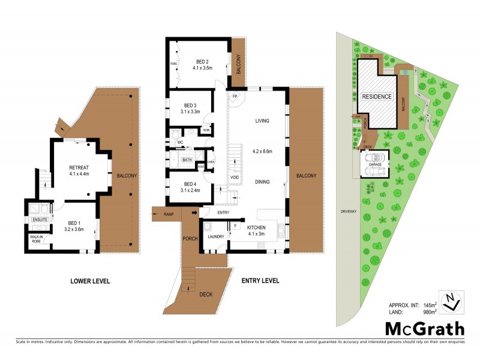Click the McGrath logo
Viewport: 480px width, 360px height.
click(x=424, y=328)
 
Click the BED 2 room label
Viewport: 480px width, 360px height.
click(x=202, y=62)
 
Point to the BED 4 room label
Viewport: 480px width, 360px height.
click(x=190, y=184)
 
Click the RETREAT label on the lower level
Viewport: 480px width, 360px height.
click(x=79, y=167)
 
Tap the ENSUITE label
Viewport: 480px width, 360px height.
click(x=40, y=220)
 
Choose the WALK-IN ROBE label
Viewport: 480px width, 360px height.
click(x=37, y=239)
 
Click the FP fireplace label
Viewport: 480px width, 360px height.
click(x=235, y=95)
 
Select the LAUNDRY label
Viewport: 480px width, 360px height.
click(x=215, y=236)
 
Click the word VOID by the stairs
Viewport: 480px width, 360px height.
click(x=235, y=178)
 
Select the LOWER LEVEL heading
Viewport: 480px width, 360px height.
click(x=91, y=281)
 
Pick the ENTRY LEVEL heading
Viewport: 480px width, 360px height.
click(x=260, y=281)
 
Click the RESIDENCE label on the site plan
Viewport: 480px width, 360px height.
click(x=376, y=97)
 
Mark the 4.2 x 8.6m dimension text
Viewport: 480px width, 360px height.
click(x=262, y=151)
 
